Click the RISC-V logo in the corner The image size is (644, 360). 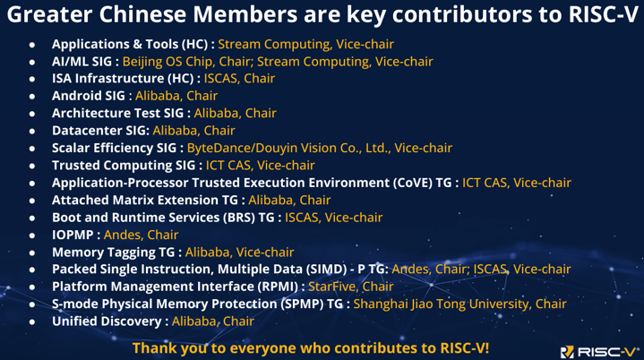(598, 352)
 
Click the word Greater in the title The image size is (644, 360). (49, 14)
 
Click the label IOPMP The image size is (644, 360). (73, 235)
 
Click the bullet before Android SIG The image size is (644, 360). (32, 97)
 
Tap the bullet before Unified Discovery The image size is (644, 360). (32, 321)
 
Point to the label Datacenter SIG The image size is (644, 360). (99, 131)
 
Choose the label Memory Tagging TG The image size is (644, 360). (114, 252)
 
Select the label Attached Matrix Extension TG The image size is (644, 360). (144, 200)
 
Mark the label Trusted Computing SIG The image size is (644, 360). (124, 166)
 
